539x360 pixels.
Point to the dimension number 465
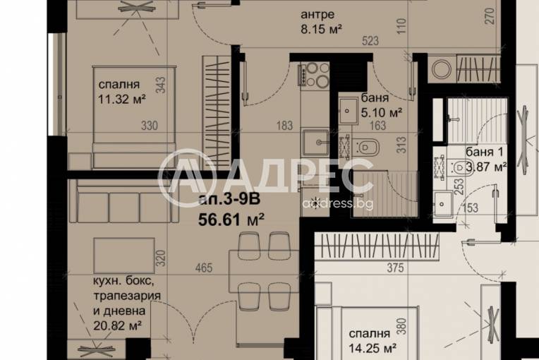[205, 268]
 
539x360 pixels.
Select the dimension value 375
[395, 268]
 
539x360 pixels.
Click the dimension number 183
[284, 126]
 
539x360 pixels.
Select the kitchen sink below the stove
[315, 143]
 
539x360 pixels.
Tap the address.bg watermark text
[337, 203]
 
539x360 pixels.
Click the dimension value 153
[471, 207]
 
